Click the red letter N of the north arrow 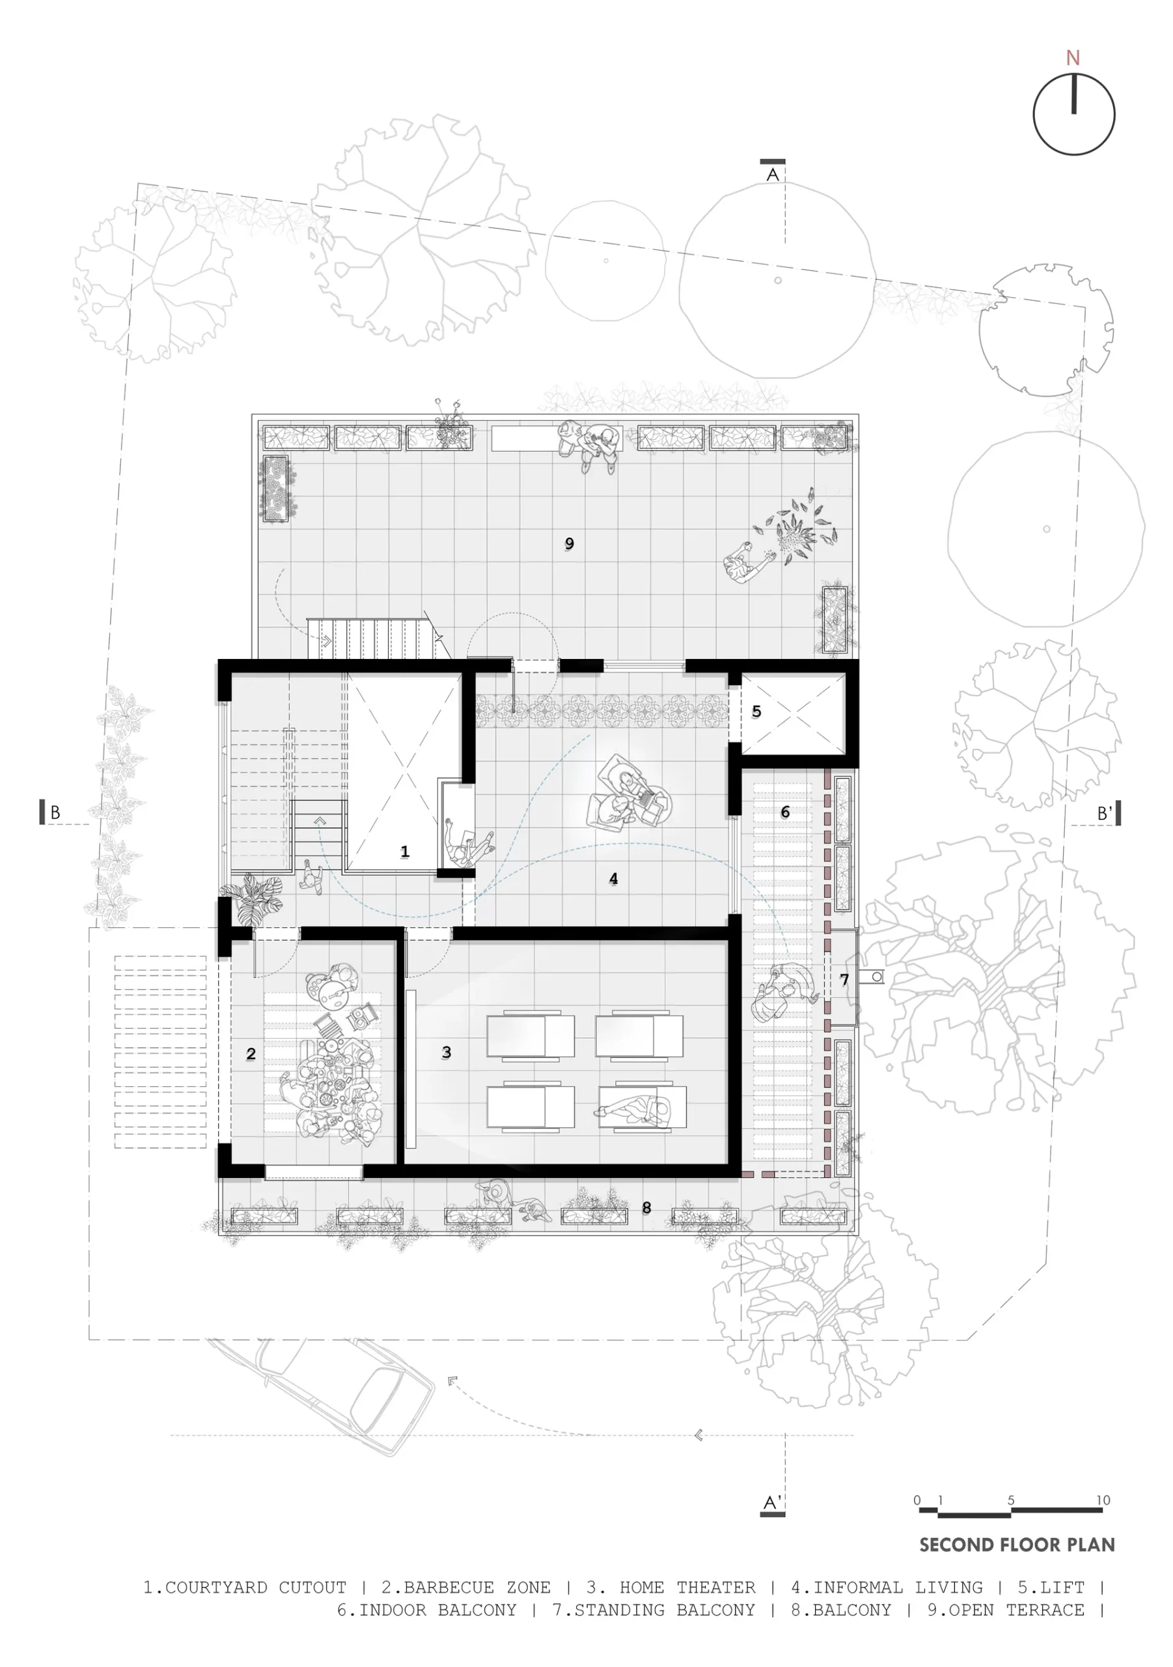click(1073, 58)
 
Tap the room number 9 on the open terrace click(569, 544)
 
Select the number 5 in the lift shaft click(756, 712)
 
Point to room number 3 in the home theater click(447, 1052)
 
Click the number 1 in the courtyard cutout click(405, 851)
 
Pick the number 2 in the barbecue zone click(251, 1054)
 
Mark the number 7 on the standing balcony click(844, 979)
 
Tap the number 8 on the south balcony click(646, 1208)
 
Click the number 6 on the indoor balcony click(784, 812)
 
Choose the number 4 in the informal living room click(613, 879)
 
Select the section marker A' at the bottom click(772, 1503)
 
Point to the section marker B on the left click(55, 813)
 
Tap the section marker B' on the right click(1104, 814)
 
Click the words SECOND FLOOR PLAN click(1017, 1545)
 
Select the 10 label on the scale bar click(1103, 1501)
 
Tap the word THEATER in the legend click(715, 1588)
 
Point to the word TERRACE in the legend click(1045, 1610)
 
